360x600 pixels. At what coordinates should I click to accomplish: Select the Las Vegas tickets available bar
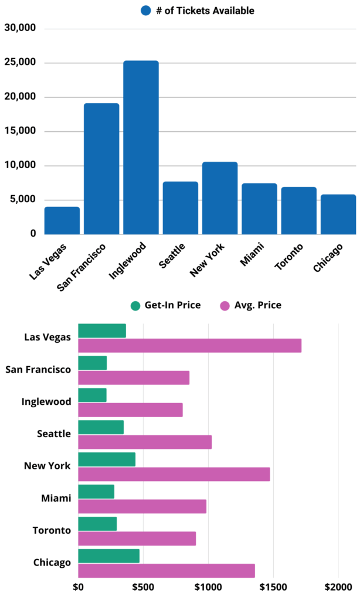click(62, 220)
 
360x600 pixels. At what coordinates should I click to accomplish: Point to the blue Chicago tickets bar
click(338, 214)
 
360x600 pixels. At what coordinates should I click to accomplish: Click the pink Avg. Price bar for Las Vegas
click(189, 346)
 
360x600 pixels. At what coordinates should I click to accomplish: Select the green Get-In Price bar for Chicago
click(108, 556)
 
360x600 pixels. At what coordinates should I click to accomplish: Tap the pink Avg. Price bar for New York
click(174, 474)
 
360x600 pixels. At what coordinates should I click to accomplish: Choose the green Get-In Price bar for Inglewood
click(92, 395)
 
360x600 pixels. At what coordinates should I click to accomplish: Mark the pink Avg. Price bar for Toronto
click(137, 538)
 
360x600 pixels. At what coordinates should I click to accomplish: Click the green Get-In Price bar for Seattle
click(101, 427)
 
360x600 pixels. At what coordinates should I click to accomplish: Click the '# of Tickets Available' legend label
click(205, 11)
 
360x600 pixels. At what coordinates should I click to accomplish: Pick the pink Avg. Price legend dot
click(224, 305)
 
